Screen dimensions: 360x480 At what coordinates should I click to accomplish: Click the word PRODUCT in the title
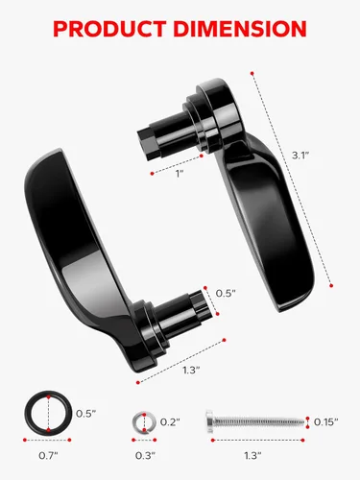[x=109, y=29]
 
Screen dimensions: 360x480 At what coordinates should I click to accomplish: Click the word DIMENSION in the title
[x=240, y=29]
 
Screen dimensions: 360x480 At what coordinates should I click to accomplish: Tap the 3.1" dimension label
[x=300, y=156]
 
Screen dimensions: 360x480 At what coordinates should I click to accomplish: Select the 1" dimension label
[x=180, y=174]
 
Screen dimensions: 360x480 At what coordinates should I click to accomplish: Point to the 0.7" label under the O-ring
[x=48, y=455]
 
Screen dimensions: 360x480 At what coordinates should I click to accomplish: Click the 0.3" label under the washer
[x=145, y=455]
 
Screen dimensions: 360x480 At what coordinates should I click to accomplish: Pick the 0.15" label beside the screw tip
[x=325, y=422]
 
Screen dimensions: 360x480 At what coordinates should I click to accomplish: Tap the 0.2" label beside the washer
[x=170, y=422]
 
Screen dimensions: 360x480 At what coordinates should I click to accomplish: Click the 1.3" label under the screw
[x=252, y=455]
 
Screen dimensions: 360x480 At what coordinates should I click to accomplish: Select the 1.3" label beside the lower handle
[x=191, y=370]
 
